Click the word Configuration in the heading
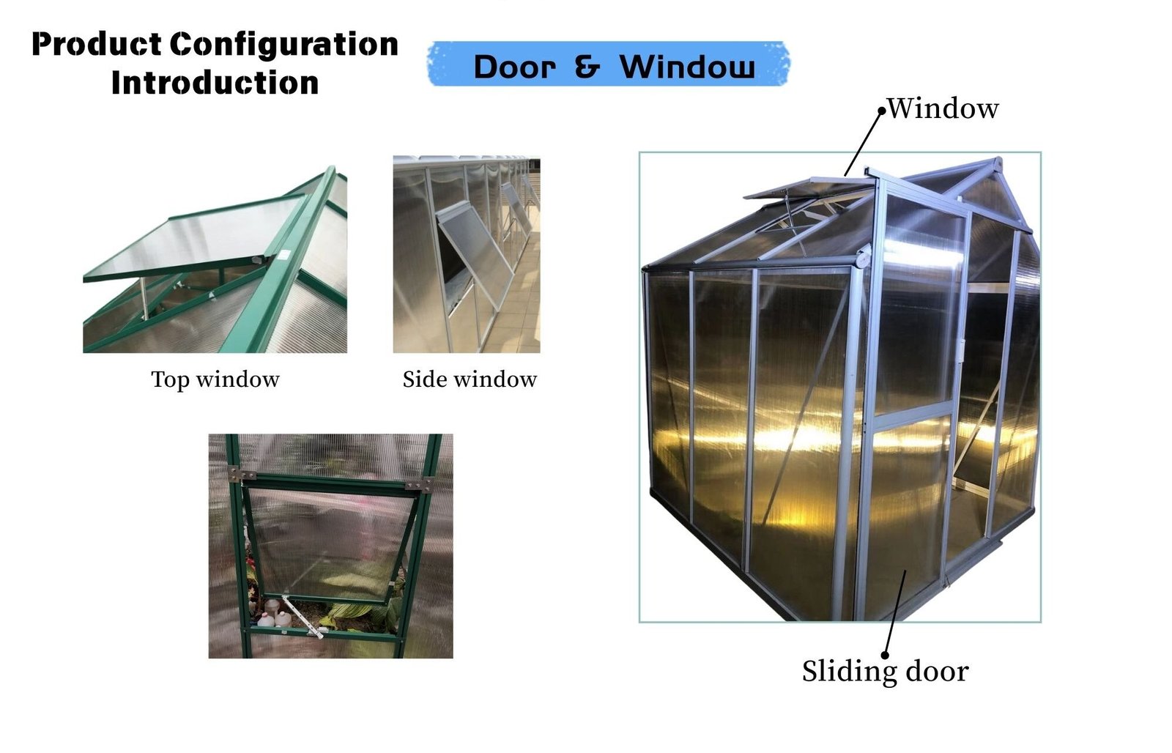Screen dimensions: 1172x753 [284, 45]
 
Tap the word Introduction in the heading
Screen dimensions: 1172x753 [215, 83]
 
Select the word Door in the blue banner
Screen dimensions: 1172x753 [514, 67]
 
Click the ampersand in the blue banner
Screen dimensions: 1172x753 [587, 67]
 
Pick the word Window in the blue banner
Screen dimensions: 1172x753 [687, 67]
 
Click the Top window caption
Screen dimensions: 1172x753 [215, 379]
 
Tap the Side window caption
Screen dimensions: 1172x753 [470, 379]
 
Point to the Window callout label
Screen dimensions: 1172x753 [943, 109]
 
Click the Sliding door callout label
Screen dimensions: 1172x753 [886, 672]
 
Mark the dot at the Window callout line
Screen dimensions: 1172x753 [882, 111]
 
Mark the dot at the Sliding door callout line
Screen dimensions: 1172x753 [886, 656]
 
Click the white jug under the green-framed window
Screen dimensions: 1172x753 [283, 620]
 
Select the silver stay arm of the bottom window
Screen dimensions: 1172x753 [303, 617]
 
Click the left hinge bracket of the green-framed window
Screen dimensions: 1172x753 [241, 475]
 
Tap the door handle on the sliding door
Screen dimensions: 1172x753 [962, 350]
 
